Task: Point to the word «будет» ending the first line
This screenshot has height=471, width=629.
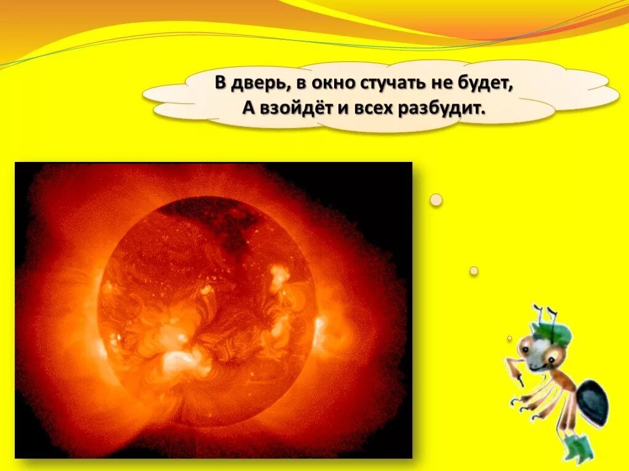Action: (x=480, y=85)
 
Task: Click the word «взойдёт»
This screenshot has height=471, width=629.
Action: (x=292, y=109)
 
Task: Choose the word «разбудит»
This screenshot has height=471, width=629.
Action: (x=434, y=109)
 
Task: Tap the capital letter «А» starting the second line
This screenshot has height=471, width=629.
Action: (x=248, y=109)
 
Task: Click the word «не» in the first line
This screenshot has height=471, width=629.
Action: (x=433, y=85)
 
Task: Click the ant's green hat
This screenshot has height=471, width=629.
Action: (x=552, y=332)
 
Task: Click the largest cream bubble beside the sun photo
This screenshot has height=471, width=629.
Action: (x=436, y=200)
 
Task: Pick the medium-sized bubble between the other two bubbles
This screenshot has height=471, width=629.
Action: (x=474, y=270)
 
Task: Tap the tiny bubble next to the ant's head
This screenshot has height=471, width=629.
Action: (x=509, y=338)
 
